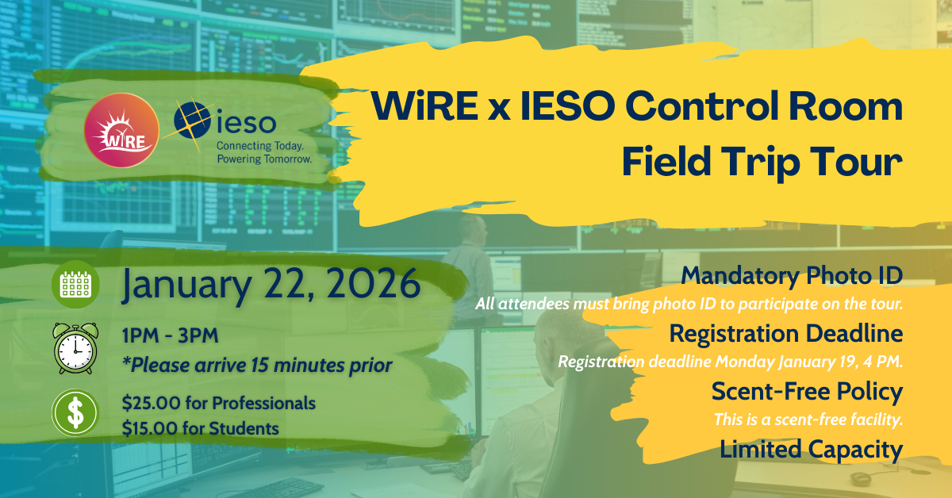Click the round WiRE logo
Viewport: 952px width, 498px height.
(x=121, y=131)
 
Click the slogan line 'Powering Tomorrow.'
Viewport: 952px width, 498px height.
(x=264, y=159)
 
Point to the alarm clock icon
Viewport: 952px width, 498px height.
(x=75, y=348)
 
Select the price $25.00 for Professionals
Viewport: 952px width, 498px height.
(x=219, y=403)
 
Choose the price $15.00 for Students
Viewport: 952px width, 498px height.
(x=201, y=428)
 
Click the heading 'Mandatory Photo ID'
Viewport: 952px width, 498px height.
(x=792, y=276)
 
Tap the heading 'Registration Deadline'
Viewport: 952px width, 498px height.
(x=786, y=333)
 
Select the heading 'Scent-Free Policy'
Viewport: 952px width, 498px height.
(x=807, y=391)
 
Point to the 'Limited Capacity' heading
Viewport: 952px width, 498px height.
(x=811, y=450)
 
